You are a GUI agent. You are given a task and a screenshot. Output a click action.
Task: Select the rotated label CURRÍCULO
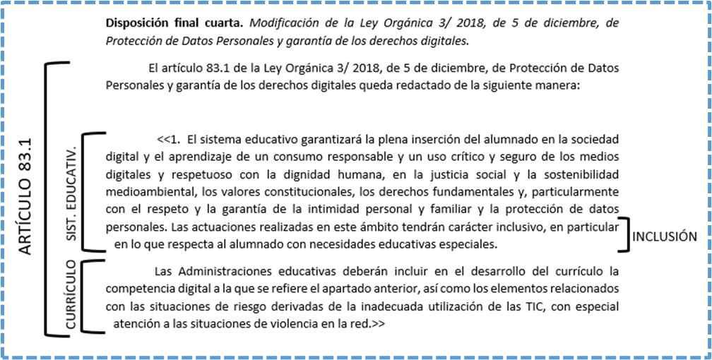[71, 295]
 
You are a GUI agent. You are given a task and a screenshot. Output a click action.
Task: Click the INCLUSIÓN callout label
[664, 237]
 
